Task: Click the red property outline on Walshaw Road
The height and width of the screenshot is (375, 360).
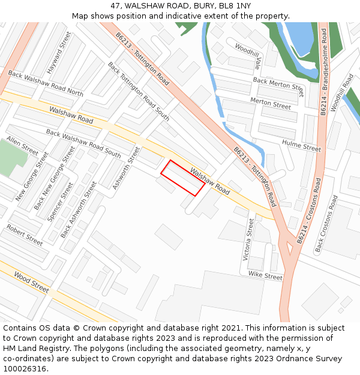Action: [182, 178]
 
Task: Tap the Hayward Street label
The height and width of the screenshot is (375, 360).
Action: [59, 52]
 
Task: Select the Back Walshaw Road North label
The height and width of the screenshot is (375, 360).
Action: [46, 84]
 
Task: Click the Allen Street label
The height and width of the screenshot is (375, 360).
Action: [22, 146]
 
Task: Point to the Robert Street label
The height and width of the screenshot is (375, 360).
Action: [25, 235]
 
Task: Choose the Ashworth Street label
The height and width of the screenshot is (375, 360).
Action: [126, 168]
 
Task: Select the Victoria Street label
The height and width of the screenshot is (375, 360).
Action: [248, 239]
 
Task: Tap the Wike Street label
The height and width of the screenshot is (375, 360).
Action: [265, 277]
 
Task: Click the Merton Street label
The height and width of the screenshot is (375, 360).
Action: [271, 104]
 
